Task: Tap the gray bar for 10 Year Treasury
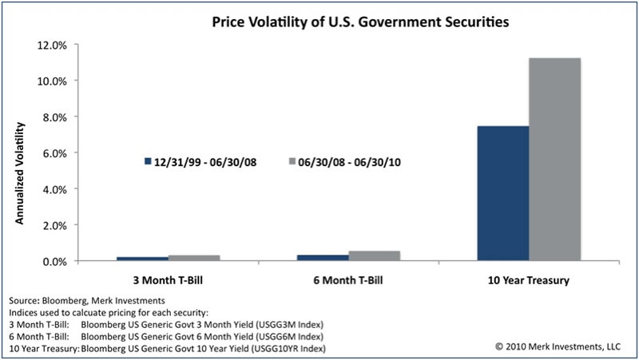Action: coord(554,160)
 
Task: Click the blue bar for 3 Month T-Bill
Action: coord(142,259)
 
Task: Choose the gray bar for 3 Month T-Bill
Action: coord(194,258)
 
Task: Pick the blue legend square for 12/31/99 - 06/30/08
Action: coord(148,161)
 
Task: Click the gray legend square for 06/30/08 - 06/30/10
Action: coord(292,161)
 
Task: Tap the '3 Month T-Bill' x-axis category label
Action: coord(168,280)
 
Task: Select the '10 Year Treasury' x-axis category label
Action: coord(529,280)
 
